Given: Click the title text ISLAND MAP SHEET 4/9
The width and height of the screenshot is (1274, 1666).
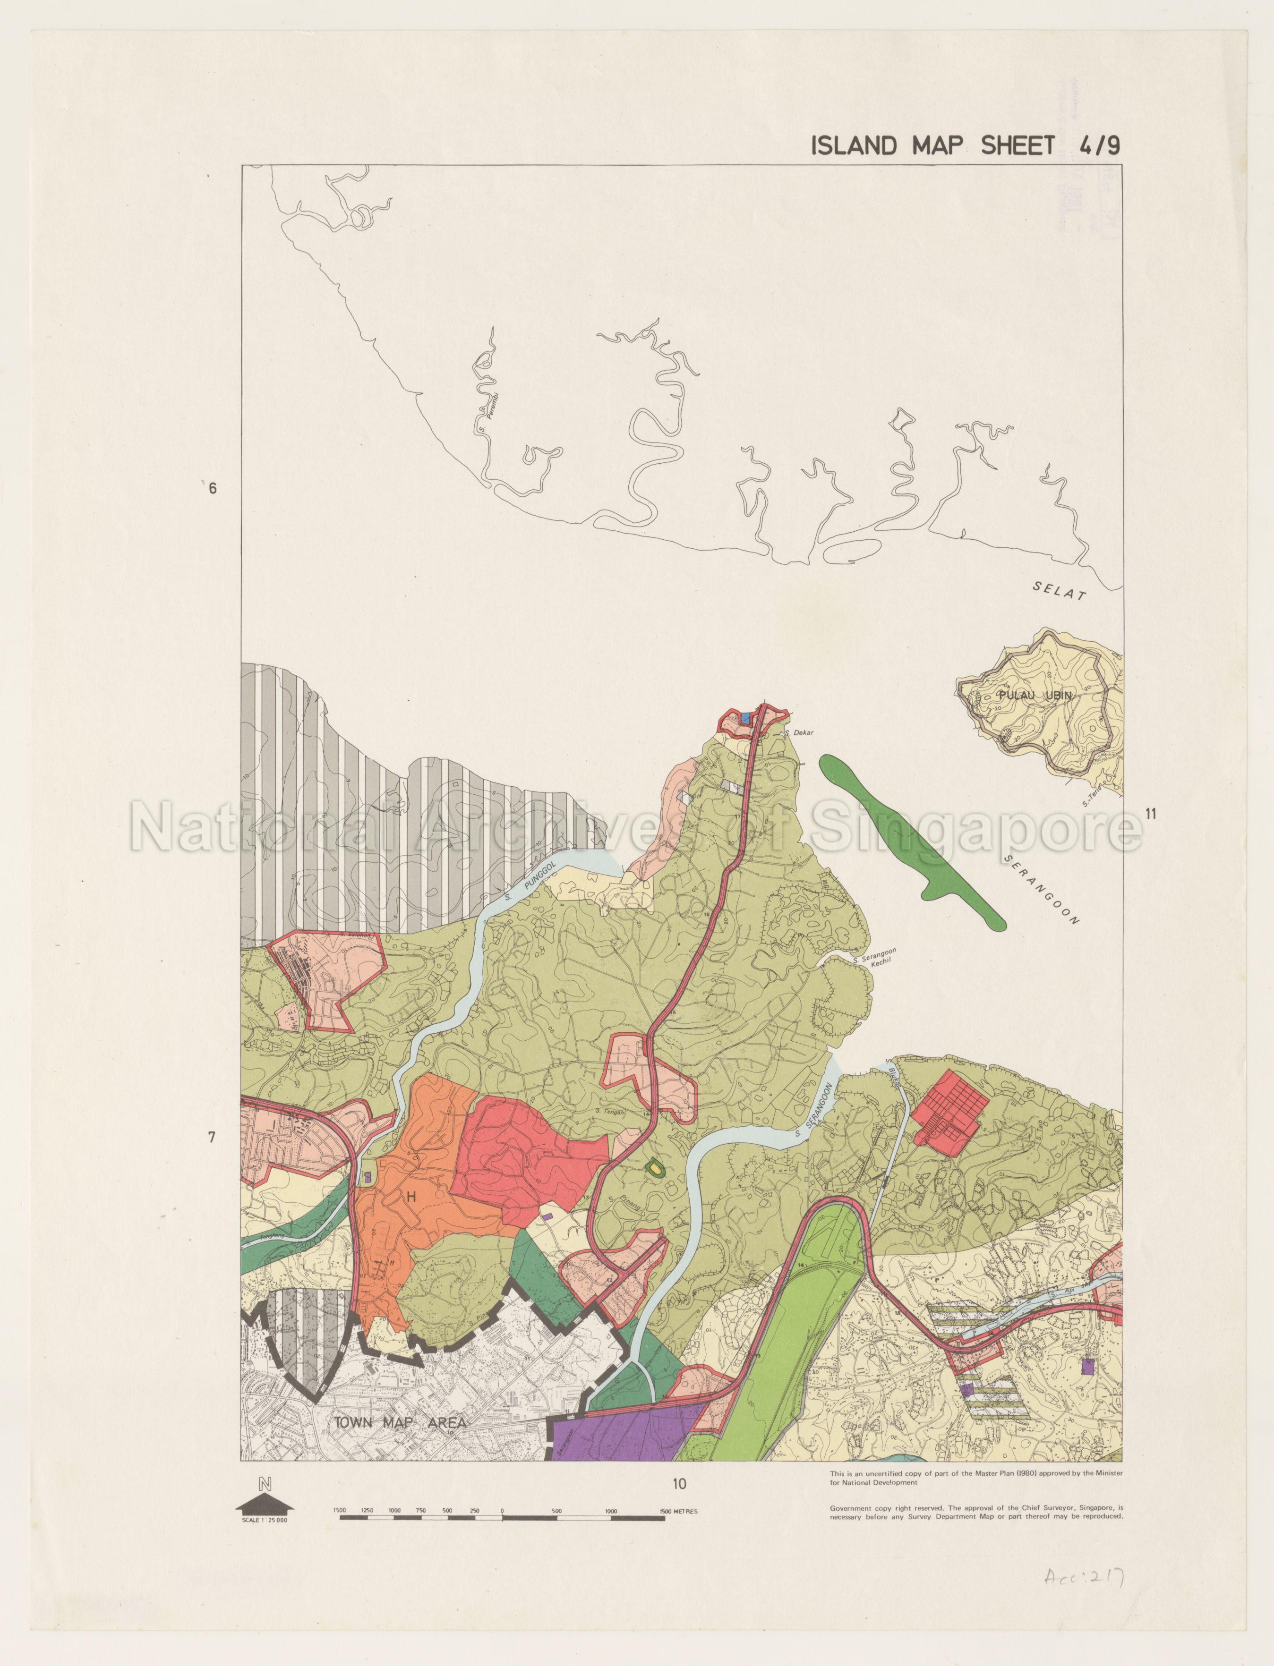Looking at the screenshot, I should point(965,145).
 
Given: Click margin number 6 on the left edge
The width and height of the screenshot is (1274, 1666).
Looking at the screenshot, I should point(213,488).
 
